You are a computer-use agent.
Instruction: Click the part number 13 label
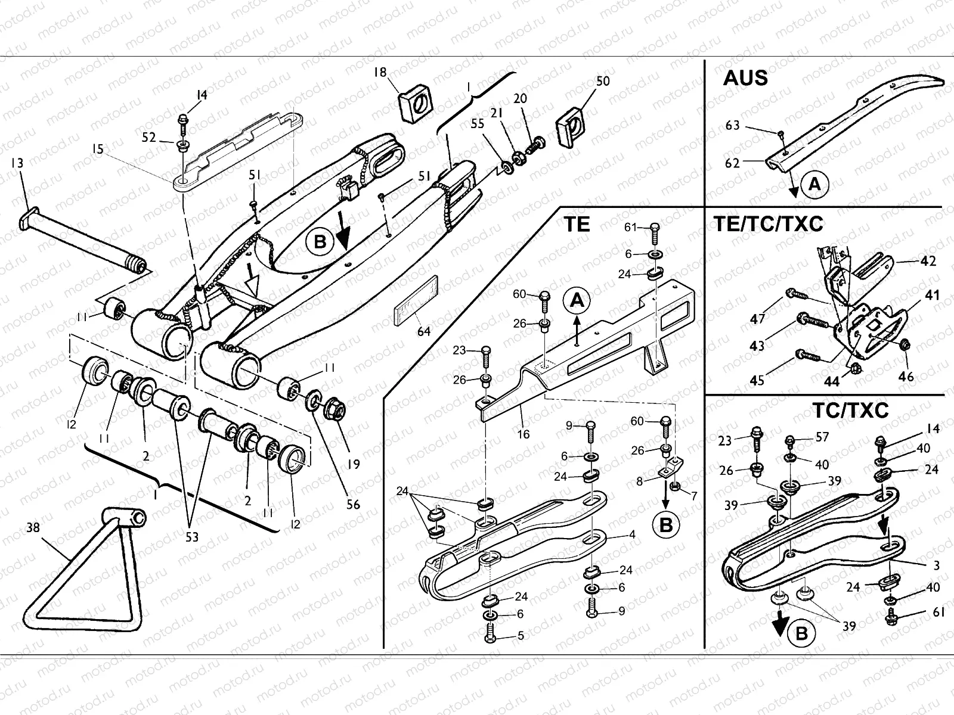click(x=17, y=162)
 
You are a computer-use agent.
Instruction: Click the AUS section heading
click(x=745, y=79)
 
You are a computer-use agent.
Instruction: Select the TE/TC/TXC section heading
click(x=768, y=224)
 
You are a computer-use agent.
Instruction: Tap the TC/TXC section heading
click(x=850, y=410)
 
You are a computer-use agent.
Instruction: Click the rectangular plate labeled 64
click(x=416, y=300)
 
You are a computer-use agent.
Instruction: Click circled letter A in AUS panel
click(x=814, y=185)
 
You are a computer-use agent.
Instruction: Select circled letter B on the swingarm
click(x=320, y=242)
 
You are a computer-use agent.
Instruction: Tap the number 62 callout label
click(x=732, y=163)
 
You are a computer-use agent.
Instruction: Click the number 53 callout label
click(x=191, y=537)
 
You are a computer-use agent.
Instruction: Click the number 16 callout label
click(x=523, y=434)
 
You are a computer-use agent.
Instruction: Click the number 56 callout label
click(x=353, y=505)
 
